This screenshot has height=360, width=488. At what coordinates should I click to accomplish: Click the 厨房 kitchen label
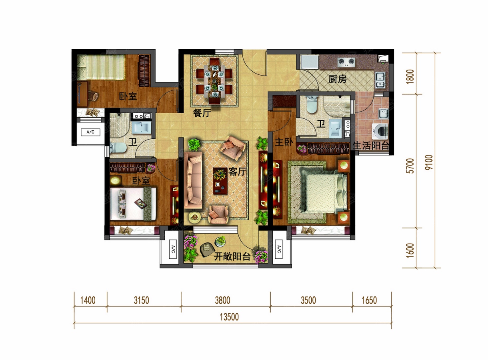338,79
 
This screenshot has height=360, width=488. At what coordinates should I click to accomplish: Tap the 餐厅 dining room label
202,113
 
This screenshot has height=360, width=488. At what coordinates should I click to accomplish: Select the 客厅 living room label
237,172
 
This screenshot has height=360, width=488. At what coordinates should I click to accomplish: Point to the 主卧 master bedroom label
284,142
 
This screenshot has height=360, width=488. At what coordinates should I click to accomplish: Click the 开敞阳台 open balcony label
232,256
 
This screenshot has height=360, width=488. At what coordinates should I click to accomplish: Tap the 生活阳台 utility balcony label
371,146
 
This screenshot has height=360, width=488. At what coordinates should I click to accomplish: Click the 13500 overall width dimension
229,317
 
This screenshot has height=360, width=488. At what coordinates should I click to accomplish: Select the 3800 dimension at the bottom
222,300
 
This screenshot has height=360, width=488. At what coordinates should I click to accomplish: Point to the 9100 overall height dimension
429,162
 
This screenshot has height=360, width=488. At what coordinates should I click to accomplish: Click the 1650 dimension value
369,300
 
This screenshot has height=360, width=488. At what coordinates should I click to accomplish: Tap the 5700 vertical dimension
410,166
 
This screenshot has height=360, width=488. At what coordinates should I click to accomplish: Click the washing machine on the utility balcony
380,131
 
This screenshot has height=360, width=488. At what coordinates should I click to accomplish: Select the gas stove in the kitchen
346,62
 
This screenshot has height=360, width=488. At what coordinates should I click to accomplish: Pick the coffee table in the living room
220,181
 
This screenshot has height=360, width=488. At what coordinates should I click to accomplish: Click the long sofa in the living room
193,180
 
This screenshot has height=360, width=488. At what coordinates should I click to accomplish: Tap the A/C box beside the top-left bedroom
90,132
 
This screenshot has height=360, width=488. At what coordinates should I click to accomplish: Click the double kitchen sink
380,80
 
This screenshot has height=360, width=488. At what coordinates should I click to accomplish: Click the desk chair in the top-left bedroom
93,96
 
